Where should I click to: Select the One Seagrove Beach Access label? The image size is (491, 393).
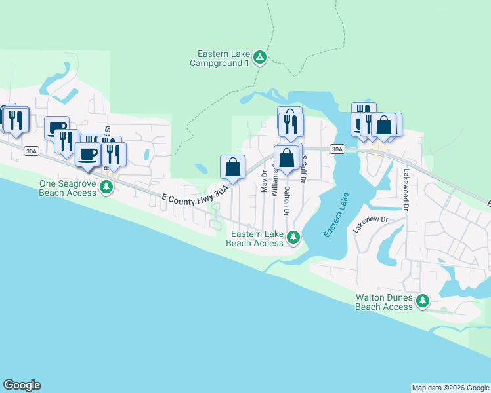point(68,189)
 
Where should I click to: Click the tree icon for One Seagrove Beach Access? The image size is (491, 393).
point(106,188)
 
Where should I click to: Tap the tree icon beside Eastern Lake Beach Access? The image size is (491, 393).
point(295,236)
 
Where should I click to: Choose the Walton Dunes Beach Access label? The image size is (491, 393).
point(384,302)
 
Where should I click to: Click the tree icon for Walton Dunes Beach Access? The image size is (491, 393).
point(423,301)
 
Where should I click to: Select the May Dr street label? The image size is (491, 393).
point(264,181)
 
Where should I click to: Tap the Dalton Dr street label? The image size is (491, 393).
point(287,200)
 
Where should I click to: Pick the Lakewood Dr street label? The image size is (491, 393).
point(406,189)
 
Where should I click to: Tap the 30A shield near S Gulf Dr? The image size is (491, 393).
point(337,149)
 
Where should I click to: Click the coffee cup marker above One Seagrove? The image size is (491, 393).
point(87,154)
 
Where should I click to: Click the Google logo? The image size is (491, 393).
point(22,385)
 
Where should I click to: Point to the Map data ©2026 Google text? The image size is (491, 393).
point(450,388)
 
